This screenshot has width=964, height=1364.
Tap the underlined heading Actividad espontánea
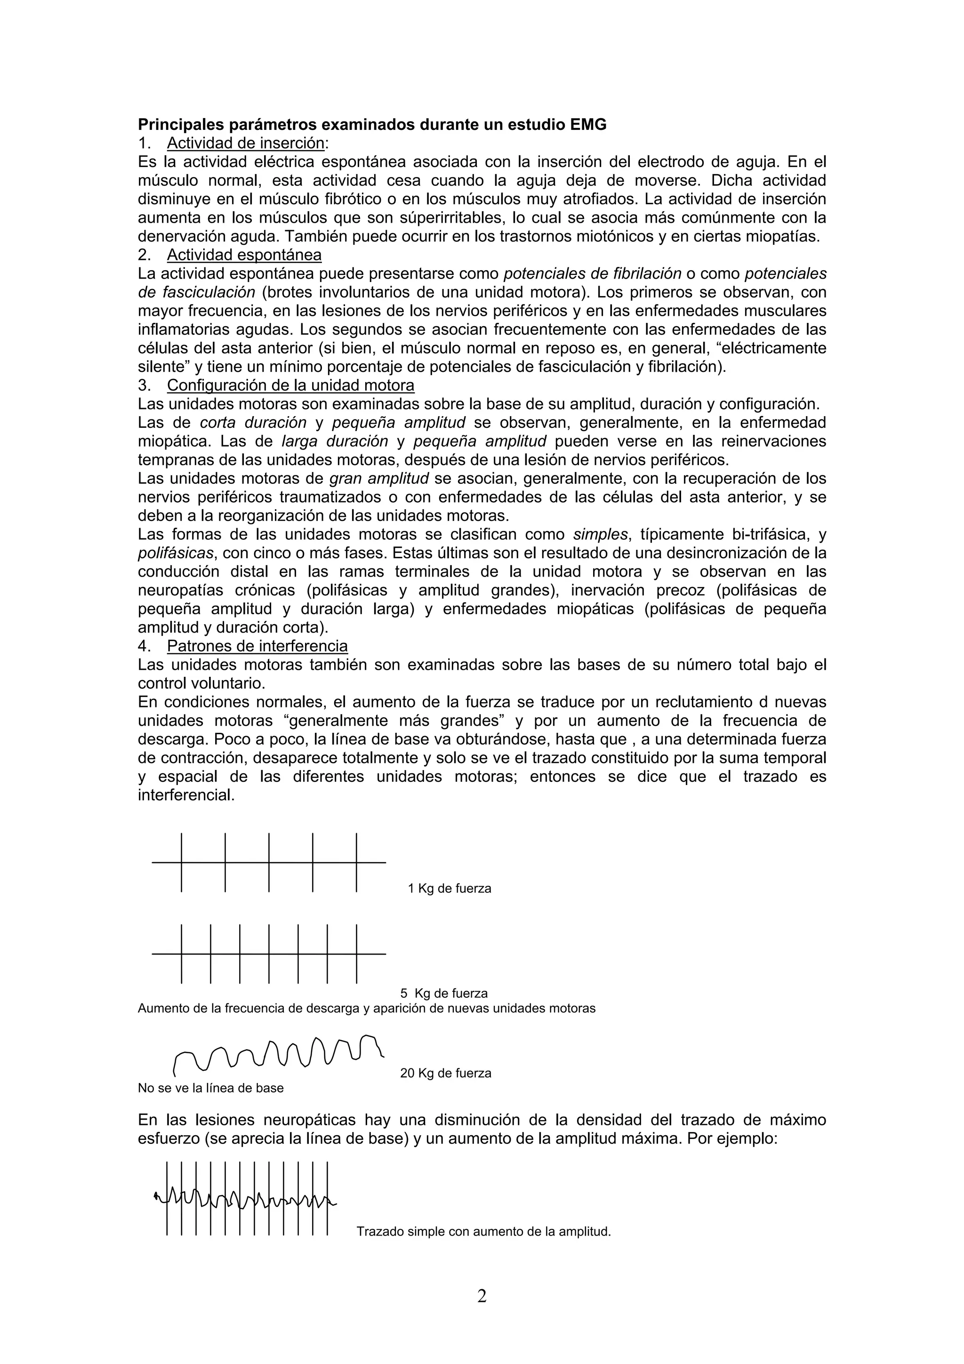244,255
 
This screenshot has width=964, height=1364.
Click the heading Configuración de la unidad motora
290,385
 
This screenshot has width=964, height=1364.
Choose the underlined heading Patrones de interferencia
257,646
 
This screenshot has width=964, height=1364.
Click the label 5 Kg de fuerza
444,993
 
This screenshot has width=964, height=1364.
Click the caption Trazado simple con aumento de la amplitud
483,1232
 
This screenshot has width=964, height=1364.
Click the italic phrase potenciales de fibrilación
592,274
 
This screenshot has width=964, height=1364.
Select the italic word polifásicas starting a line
175,553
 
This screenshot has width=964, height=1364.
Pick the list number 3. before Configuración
145,385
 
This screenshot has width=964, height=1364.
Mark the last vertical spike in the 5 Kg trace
356,954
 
